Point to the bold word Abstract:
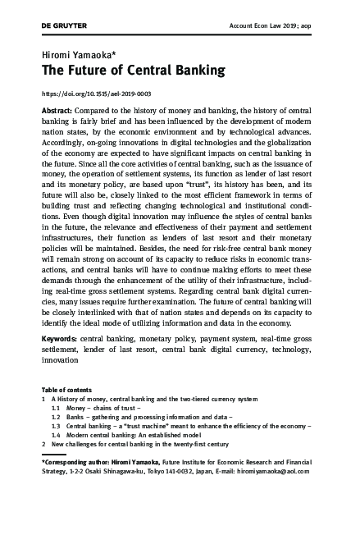point(60,110)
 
